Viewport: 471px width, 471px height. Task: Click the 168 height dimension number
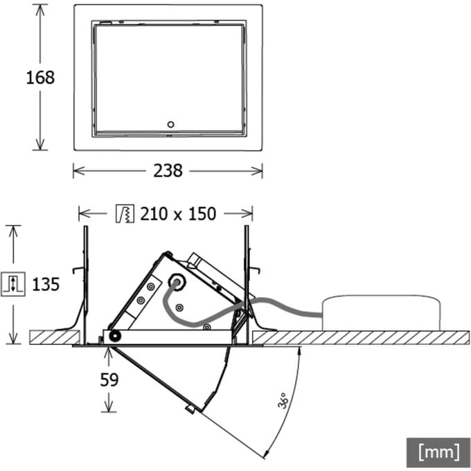tap(40, 78)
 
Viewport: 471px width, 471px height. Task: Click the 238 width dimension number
tap(168, 171)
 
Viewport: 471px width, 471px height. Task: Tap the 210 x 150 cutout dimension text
tap(178, 214)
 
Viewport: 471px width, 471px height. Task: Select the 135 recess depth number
tap(46, 284)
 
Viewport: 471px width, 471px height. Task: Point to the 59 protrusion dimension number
tap(109, 380)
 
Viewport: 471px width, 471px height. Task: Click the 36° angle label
tap(283, 400)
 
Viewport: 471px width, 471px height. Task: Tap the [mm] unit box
tap(438, 452)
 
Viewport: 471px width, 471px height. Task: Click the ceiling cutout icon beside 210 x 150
tap(125, 213)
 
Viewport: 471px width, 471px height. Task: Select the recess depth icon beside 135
tap(13, 284)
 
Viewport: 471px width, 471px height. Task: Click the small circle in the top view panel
tap(170, 125)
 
